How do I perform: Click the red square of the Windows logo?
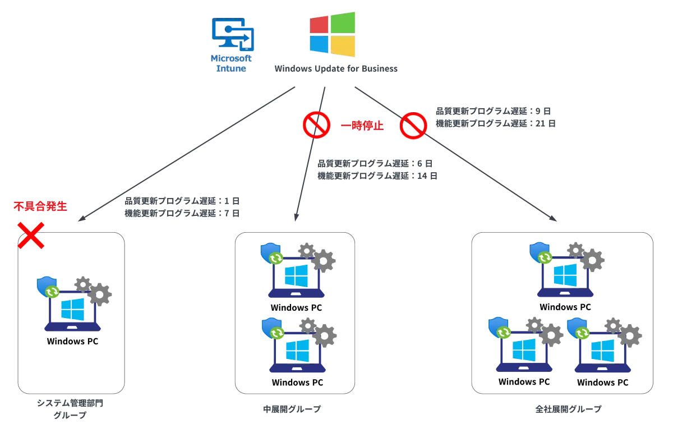pyautogui.click(x=319, y=25)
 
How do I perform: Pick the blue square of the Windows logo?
pyautogui.click(x=319, y=44)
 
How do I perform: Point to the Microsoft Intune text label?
pyautogui.click(x=232, y=63)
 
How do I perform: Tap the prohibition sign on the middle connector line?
pyautogui.click(x=316, y=125)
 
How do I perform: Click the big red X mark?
pyautogui.click(x=31, y=235)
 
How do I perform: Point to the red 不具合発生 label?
pyautogui.click(x=40, y=206)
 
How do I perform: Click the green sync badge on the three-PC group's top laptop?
pyautogui.click(x=545, y=258)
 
